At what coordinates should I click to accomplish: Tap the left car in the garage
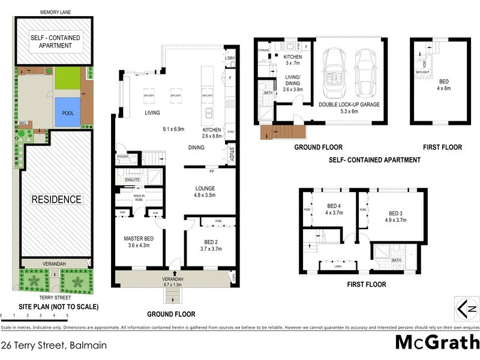point(334,71)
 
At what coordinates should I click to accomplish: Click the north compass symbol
point(466,309)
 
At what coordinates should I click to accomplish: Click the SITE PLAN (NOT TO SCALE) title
point(50,307)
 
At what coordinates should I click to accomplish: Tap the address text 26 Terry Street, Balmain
point(54,345)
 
